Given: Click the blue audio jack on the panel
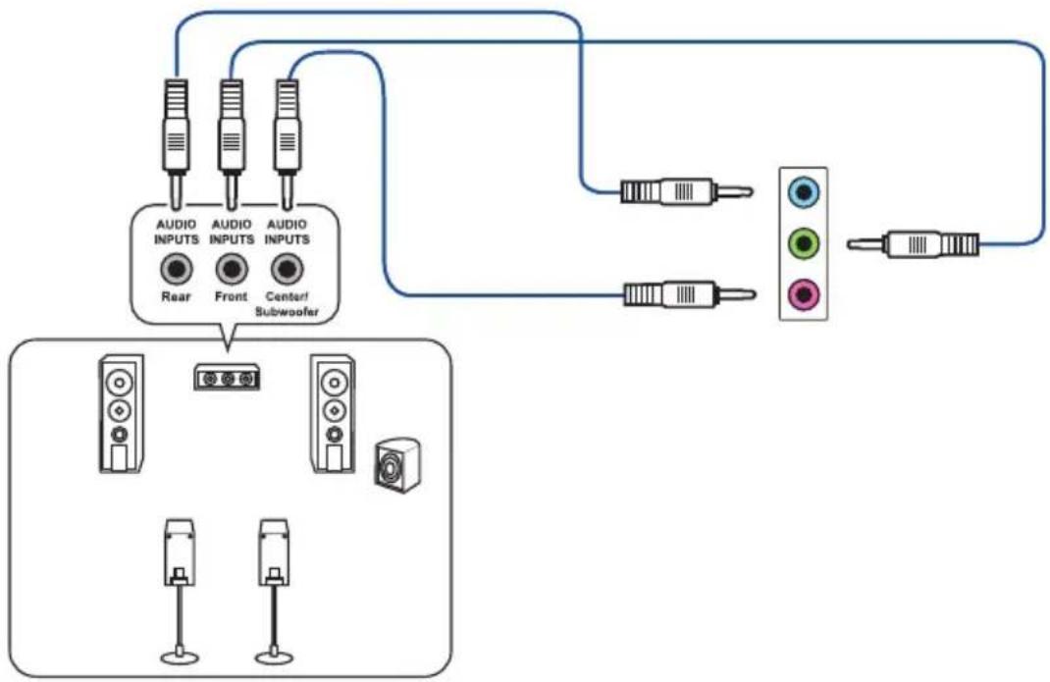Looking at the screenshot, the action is pos(804,193).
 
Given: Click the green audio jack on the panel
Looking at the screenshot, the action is pos(804,243).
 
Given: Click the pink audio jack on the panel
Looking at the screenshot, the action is pos(804,294).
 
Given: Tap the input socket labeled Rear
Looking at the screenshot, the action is pos(176,269).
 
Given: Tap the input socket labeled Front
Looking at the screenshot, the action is pos(232,269).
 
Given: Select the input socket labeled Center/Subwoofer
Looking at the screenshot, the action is pos(288,269).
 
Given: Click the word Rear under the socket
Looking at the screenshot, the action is pos(176,296).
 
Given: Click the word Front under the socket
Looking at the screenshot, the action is pos(231,296).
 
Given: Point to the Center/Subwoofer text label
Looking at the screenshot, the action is pos(288,303).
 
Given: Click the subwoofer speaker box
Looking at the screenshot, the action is pos(397,465).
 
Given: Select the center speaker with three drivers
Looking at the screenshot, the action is pos(227,377).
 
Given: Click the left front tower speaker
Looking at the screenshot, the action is pos(122,413).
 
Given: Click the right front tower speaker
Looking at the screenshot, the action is pos(333,413).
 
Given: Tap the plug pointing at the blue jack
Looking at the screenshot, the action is pos(686,192).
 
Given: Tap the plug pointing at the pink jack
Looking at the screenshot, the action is pos(690,294).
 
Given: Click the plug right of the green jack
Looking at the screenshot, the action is pos(913,244).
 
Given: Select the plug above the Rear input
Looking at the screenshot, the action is pos(176,143).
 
